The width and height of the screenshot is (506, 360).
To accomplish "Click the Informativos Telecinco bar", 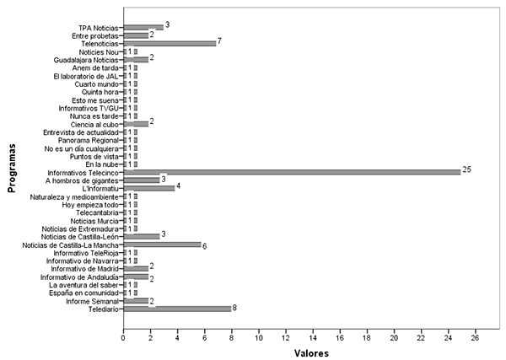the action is click(292, 172).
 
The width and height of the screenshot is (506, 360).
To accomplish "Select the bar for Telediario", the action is click(177, 309).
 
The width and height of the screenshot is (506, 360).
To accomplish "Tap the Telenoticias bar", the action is click(170, 44).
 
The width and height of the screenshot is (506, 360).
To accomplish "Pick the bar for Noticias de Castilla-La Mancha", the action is click(162, 244).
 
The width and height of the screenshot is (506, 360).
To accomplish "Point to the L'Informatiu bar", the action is click(149, 188).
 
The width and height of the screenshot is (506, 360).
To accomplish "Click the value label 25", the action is click(466, 169).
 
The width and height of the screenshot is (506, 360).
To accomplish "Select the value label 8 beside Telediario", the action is click(234, 308).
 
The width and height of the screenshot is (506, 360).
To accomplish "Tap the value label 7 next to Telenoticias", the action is click(220, 41).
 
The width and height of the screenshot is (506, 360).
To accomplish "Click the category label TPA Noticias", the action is click(99, 28).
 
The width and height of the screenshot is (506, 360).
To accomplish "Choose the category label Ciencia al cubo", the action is click(94, 125).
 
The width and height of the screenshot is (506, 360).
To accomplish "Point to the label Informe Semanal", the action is click(92, 301).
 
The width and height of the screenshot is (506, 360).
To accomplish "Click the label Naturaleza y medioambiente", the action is click(74, 196).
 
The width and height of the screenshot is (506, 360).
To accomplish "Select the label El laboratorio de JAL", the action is click(86, 77).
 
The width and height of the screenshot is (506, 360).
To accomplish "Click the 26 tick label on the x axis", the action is click(476, 338).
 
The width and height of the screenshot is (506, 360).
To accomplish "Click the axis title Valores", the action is click(311, 353).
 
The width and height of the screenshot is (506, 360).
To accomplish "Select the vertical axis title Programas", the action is click(12, 169).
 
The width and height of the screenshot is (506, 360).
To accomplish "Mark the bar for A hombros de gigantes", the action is click(142, 180).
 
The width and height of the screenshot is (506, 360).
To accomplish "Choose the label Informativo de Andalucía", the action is click(79, 277).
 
